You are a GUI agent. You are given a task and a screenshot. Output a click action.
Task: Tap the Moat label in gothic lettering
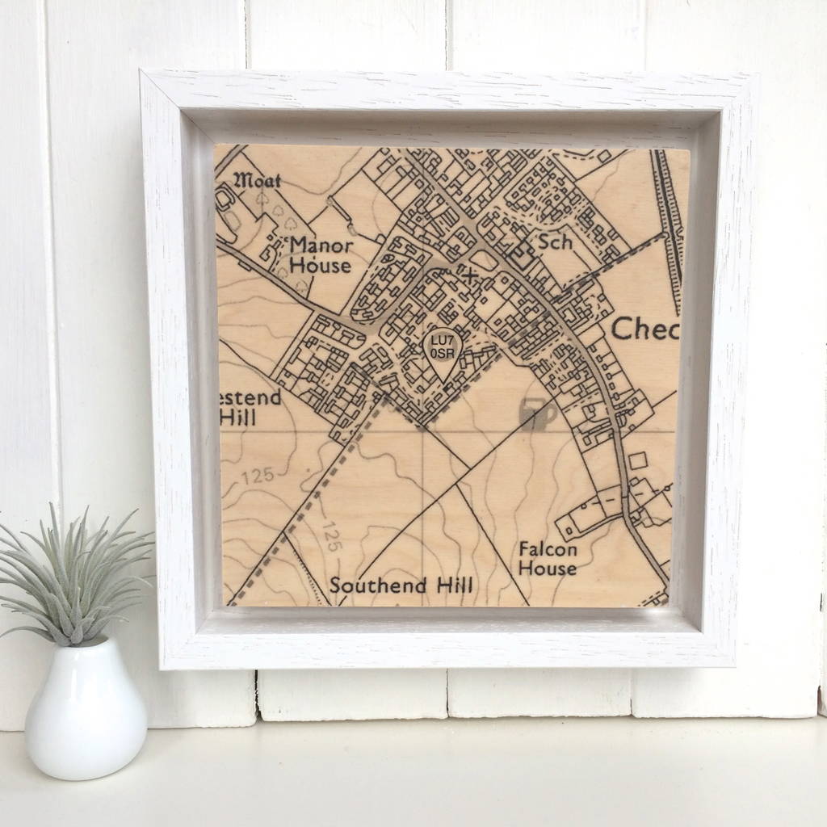[x=257, y=179]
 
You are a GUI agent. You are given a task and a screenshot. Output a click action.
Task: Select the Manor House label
[x=321, y=254]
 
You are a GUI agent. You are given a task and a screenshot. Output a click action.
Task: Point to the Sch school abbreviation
[x=555, y=241]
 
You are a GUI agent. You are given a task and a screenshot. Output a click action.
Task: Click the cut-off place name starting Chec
[x=644, y=329]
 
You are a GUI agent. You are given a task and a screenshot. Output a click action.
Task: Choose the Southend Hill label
[x=401, y=586]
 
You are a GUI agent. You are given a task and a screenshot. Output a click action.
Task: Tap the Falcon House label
[x=548, y=558]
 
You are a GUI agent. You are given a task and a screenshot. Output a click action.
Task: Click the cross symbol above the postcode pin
[x=467, y=276]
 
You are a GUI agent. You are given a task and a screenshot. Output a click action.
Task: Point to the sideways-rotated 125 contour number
[x=330, y=536]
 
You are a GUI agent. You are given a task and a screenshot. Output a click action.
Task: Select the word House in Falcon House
[x=548, y=568]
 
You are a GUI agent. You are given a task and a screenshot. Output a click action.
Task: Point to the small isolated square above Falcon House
[x=637, y=460]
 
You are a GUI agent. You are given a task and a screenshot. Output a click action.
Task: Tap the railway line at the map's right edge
[x=669, y=226]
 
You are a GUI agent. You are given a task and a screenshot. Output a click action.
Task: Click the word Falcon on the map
[x=548, y=549]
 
